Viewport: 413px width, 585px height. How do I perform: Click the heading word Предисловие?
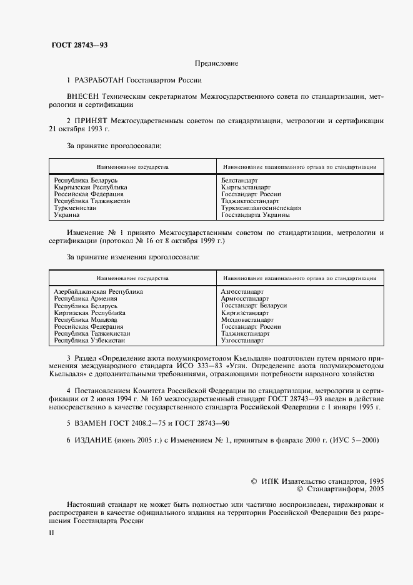(x=216, y=63)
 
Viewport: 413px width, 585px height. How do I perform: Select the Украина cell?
(x=67, y=214)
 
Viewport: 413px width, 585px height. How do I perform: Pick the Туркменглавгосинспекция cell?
(x=261, y=207)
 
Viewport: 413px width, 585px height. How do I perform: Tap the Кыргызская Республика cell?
(x=91, y=187)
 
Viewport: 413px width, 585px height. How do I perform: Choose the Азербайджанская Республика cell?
(x=98, y=292)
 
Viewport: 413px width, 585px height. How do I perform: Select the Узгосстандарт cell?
(x=242, y=340)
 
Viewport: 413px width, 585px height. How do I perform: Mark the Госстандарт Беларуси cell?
(x=254, y=306)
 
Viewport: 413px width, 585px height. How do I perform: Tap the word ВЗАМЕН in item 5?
(x=92, y=423)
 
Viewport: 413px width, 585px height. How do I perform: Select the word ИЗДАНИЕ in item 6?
(x=95, y=439)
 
